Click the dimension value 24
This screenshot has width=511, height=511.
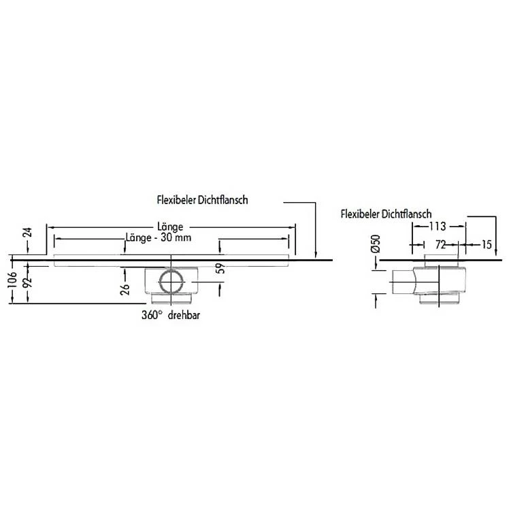point(27,233)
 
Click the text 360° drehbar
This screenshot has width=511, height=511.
point(171,315)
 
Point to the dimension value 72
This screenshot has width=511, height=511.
point(440,243)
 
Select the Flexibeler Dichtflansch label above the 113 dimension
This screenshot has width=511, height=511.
point(385,214)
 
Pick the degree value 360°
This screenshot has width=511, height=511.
point(151,315)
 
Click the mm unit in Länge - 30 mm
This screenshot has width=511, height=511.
point(184,237)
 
